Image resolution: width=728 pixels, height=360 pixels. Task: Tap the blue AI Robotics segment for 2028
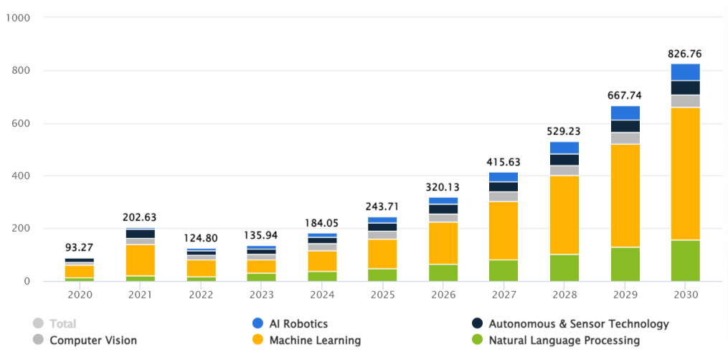564,148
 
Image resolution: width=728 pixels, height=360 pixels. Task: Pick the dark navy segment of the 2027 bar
504,186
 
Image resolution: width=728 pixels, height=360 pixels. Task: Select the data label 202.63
140,217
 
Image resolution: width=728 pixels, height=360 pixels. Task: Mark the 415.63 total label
504,162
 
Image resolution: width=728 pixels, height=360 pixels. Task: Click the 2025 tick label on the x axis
382,295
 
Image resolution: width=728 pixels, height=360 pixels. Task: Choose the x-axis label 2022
201,295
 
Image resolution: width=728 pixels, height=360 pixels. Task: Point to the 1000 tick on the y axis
16,18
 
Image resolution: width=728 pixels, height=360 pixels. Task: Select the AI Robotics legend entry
298,324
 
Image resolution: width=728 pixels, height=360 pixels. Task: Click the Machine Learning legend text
315,340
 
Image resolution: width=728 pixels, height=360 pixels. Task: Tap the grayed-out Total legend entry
62,324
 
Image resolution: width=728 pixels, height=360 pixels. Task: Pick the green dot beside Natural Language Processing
476,340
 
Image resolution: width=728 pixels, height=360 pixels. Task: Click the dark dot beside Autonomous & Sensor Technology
476,324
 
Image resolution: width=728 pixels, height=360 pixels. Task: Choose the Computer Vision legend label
93,340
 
